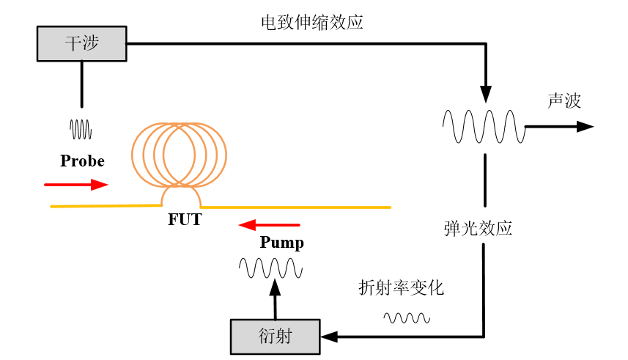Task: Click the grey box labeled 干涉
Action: click(x=81, y=43)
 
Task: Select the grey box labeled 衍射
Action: click(x=275, y=337)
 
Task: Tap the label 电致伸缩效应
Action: click(x=312, y=23)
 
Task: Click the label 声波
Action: click(x=564, y=101)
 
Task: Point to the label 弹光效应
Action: click(x=478, y=228)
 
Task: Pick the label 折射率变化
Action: click(x=401, y=288)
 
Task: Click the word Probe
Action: click(x=82, y=161)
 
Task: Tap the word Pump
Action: click(x=281, y=243)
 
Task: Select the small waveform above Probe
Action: click(x=81, y=129)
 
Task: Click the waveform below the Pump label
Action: click(x=270, y=268)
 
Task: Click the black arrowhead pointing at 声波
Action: click(x=584, y=126)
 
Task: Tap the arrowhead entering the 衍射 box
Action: click(x=329, y=337)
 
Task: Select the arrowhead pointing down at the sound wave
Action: click(x=484, y=93)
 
